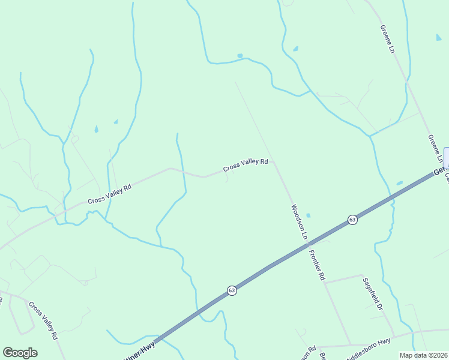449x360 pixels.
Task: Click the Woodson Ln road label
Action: tap(299, 221)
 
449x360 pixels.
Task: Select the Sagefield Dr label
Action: tap(373, 293)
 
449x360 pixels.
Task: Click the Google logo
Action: tap(20, 353)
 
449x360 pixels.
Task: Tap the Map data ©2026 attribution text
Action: tap(423, 355)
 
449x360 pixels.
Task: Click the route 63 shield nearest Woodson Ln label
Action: tap(352, 220)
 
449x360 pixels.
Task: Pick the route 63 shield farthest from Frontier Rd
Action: tap(232, 290)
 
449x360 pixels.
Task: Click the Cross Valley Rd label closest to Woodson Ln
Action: tap(245, 164)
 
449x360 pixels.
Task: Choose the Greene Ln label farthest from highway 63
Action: tap(387, 40)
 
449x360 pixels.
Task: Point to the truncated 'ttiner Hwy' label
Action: tap(139, 350)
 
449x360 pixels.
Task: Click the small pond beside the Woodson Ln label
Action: tap(309, 215)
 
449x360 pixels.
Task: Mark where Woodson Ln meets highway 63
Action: tap(307, 241)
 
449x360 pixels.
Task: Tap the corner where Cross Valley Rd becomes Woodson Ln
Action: tap(273, 161)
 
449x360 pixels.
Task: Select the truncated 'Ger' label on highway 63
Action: tap(440, 171)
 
